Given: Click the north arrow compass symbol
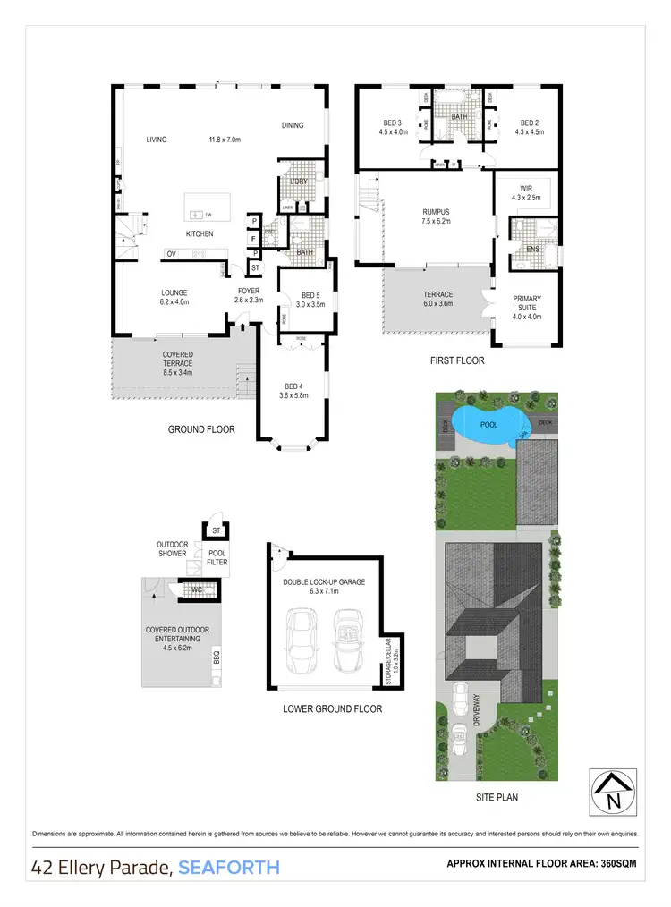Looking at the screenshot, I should [x=614, y=790].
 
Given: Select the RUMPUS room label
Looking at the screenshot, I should [x=436, y=212].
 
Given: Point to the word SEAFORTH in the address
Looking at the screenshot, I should [x=229, y=867].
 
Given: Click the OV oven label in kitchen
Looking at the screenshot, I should [x=171, y=254].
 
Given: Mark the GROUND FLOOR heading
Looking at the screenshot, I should [x=201, y=429].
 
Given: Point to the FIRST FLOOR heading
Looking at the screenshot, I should [x=456, y=360].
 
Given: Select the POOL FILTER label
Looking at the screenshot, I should [x=217, y=557].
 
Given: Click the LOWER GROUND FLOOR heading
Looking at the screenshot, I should [x=332, y=708].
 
